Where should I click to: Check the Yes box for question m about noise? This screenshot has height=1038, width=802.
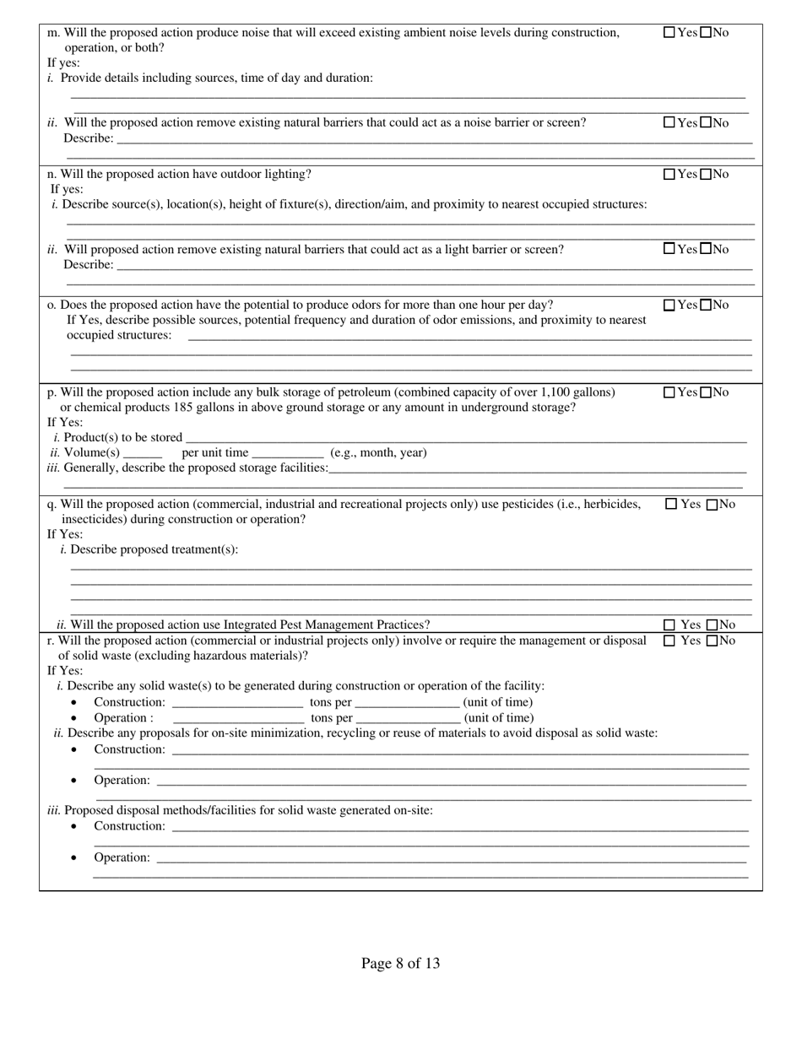669,33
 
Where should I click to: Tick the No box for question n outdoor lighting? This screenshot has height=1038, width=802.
706,175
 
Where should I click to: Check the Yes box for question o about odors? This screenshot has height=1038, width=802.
669,305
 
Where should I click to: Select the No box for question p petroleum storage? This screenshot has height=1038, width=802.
706,392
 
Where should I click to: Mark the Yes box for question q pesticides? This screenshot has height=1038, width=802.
671,505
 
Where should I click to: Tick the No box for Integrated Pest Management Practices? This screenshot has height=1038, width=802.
711,625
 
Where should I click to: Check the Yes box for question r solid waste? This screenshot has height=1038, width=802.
669,641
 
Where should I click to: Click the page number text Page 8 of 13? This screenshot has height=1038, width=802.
400,963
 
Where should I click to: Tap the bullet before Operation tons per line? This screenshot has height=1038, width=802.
74,718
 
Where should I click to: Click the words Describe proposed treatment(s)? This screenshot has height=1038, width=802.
154,550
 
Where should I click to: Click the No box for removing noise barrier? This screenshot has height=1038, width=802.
706,123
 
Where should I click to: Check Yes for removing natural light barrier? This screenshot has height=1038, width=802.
669,250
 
